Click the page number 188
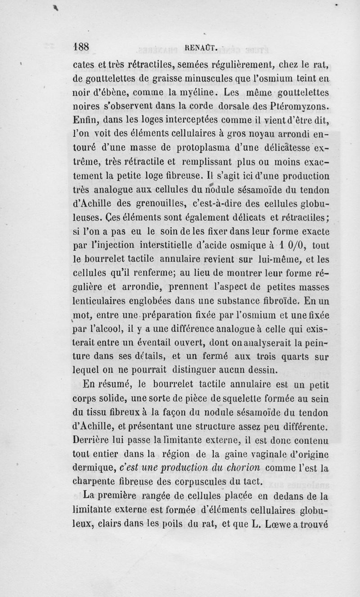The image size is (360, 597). click(x=82, y=47)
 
